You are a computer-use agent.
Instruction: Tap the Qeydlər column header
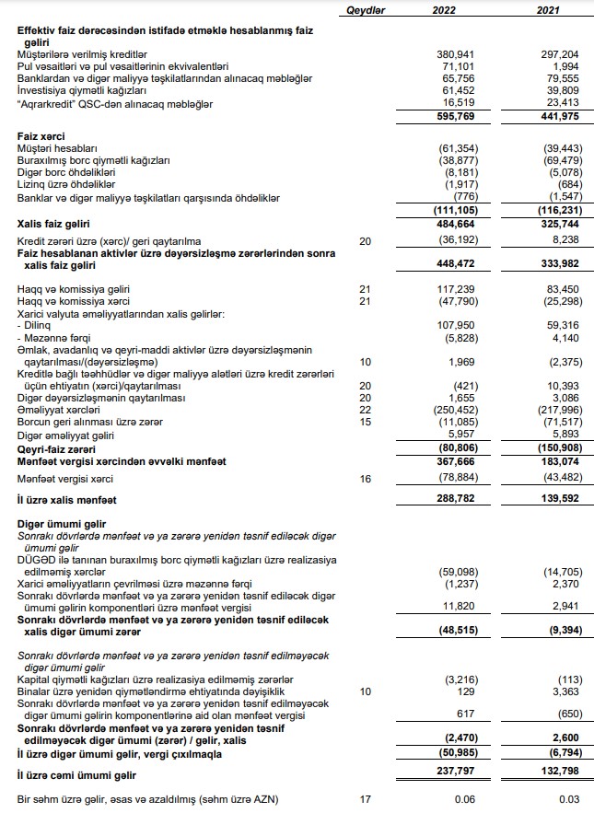point(365,9)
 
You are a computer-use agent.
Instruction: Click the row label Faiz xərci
point(40,135)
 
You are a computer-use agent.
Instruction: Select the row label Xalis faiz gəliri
point(55,223)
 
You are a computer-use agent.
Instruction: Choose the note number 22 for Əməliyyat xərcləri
point(364,410)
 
